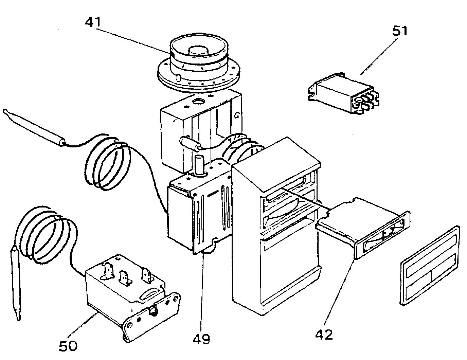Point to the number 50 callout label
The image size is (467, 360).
tap(68, 346)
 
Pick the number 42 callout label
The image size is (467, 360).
tap(324, 335)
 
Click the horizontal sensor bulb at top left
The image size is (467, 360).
tap(34, 127)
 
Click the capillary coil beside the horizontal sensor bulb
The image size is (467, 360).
tap(109, 163)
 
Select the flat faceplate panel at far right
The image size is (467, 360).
tap(430, 267)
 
